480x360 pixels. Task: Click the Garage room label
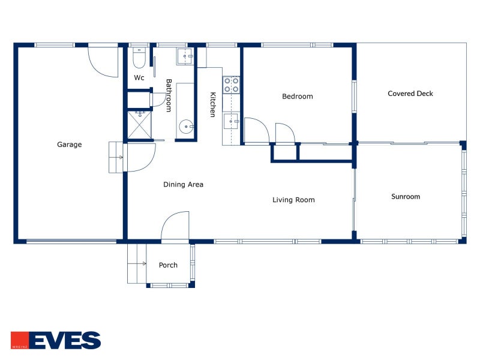coord(69,144)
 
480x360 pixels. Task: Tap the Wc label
coord(139,78)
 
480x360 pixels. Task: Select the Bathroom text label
coord(169,95)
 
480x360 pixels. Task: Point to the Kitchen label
coord(212,104)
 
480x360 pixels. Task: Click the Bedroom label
coord(297,96)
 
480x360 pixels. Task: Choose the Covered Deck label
coord(410,94)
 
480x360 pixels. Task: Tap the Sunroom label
coord(406,196)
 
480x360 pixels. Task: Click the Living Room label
coord(293,200)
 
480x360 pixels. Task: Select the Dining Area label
coord(183,184)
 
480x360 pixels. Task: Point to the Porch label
coord(168,265)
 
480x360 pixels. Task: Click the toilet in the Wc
coord(139,58)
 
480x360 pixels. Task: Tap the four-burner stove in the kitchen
coord(232,85)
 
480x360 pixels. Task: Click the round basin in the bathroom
coord(187,127)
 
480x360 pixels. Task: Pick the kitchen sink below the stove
coord(232,122)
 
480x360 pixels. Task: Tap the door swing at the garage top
coord(103,61)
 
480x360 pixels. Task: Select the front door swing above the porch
coord(175,226)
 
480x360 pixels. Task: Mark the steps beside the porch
coord(137,263)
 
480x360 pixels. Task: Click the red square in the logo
coord(19,340)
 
